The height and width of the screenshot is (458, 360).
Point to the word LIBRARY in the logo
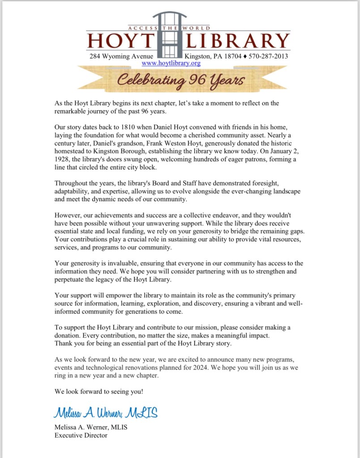[238, 41]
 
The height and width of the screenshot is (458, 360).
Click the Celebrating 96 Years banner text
[181, 81]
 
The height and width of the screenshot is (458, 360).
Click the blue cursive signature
[106, 413]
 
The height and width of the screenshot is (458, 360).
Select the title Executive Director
[81, 435]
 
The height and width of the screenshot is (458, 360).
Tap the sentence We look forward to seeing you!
[99, 391]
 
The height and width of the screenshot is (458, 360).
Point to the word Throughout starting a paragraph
[72, 183]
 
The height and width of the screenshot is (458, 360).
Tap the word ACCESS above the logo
[143, 28]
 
